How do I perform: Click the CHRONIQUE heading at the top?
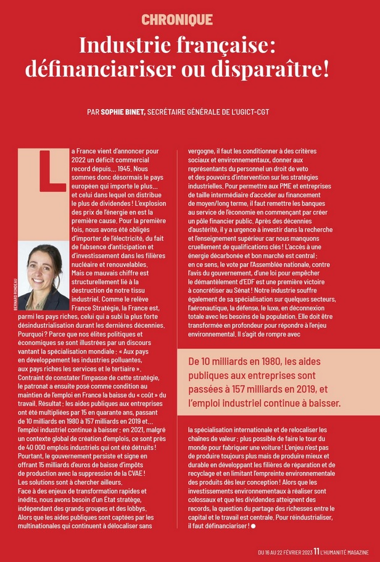coord(177,20)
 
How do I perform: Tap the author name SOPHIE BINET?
coord(126,113)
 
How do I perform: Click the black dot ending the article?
coord(254,526)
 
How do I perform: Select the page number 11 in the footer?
coord(316,553)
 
